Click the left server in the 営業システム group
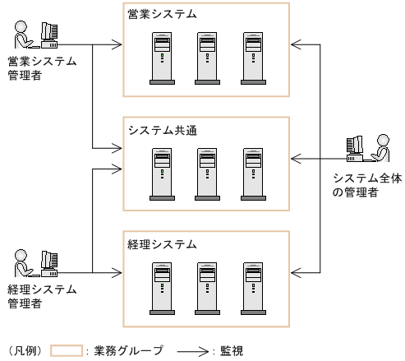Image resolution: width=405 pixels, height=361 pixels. point(162,58)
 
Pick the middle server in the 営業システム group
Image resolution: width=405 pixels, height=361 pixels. point(208,58)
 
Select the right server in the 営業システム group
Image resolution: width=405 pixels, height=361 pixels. point(254,58)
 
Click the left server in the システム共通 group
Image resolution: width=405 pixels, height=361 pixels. point(162,174)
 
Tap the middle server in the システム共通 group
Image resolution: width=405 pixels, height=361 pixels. point(208,174)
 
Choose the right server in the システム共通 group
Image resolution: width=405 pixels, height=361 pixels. point(254,174)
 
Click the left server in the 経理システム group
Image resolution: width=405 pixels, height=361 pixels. point(162,288)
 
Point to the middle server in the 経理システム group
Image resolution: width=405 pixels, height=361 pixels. point(208,288)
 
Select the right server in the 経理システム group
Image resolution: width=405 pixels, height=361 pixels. point(254,288)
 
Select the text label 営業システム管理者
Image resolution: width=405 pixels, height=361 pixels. point(41,68)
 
